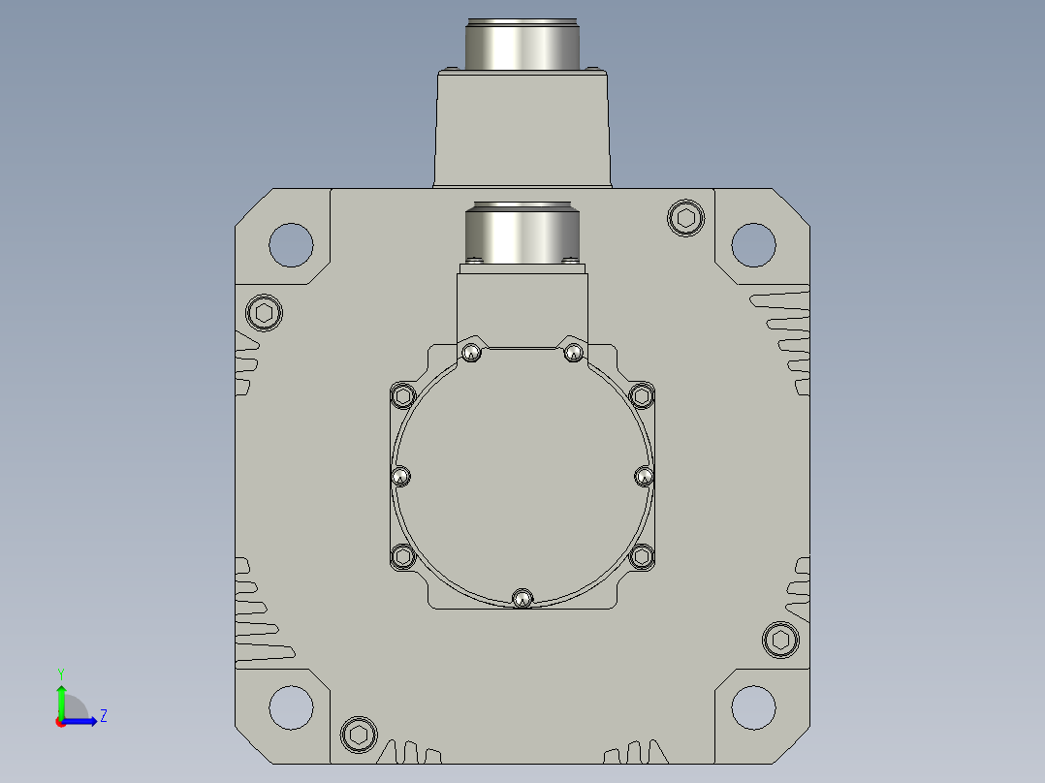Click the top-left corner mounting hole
(x=291, y=244)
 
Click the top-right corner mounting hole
(x=753, y=244)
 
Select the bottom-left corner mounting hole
(x=291, y=707)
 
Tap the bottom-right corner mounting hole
(x=753, y=707)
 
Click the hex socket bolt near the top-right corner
(x=685, y=217)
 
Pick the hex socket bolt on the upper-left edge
(x=264, y=313)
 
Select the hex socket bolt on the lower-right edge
(x=780, y=640)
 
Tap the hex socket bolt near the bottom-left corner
(x=359, y=735)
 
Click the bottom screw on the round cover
(x=522, y=599)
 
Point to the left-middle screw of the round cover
(x=399, y=477)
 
